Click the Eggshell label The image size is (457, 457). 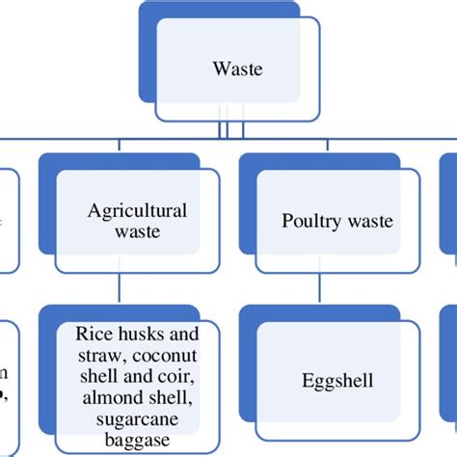[336, 381]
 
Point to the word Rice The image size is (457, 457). [94, 334]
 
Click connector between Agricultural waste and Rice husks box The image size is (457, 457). [117, 290]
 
